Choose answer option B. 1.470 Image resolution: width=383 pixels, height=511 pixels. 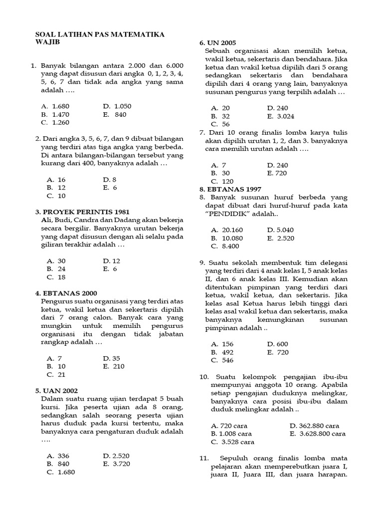56,114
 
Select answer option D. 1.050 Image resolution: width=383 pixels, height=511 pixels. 117,106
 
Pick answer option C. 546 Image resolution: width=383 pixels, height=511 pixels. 222,360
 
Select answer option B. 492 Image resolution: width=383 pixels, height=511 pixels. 222,352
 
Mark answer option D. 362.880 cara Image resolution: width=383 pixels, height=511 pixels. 314,426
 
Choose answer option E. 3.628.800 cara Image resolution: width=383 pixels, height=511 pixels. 317,434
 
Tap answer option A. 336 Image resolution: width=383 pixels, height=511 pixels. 58,456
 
